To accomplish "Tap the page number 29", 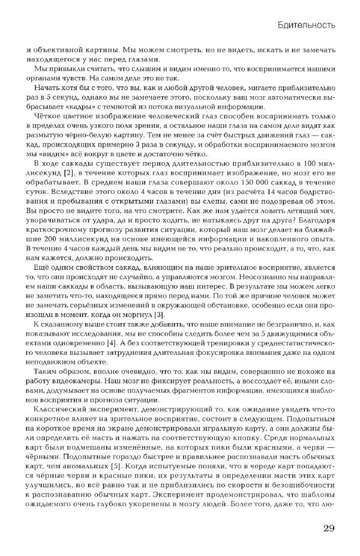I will (x=328, y=528).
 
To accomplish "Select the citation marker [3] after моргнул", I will (x=158, y=315).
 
